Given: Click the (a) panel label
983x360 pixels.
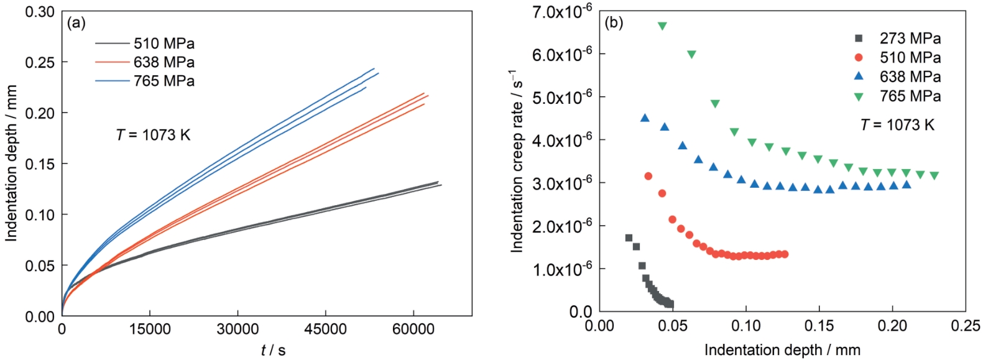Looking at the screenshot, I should pos(76,24).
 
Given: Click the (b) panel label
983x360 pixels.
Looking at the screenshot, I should pos(614,23).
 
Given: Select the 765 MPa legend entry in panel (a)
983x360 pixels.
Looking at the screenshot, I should pos(164,81).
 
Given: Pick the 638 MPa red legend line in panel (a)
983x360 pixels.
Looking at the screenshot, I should pos(113,62).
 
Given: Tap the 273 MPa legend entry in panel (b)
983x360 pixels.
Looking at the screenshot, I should pos(910,39).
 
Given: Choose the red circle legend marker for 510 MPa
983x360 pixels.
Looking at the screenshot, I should pos(859,58).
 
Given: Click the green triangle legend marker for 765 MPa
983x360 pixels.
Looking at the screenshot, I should pos(859,96).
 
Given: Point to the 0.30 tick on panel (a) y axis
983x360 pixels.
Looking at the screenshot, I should pos(39,12).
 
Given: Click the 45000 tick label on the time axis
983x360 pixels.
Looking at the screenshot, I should pos(325,330).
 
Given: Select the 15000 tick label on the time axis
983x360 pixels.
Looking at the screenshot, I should pos(149,330).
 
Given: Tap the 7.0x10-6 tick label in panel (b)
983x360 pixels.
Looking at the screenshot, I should pos(561,12).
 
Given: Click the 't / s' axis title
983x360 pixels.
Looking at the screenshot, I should pos(273,351).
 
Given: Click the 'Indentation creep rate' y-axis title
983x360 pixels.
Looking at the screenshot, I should pos(517,162).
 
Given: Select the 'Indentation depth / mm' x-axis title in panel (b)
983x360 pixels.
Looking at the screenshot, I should pos(782,350).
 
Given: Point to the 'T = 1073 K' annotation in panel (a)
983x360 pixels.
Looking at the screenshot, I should pos(153,135).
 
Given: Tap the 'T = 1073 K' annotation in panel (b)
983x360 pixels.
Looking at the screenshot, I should pos(897,125).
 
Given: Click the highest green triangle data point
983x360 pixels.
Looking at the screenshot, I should pos(662,26).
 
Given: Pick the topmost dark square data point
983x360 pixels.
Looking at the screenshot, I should pos(629,238).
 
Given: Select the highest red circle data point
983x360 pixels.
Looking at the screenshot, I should pos(648,177).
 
